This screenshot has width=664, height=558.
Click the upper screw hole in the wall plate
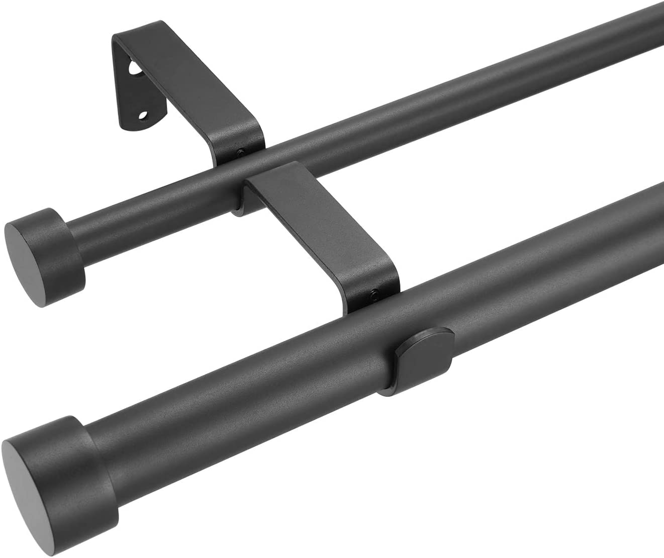tap(133, 68)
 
